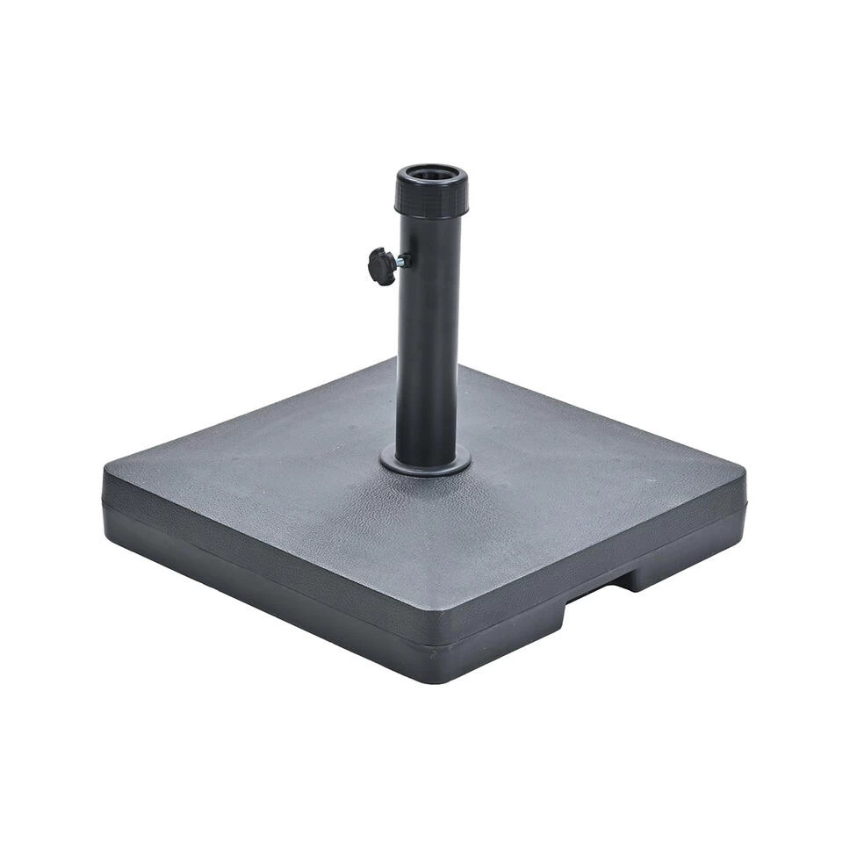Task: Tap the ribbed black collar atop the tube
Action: [x=430, y=198]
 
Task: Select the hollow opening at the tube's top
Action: [x=431, y=173]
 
